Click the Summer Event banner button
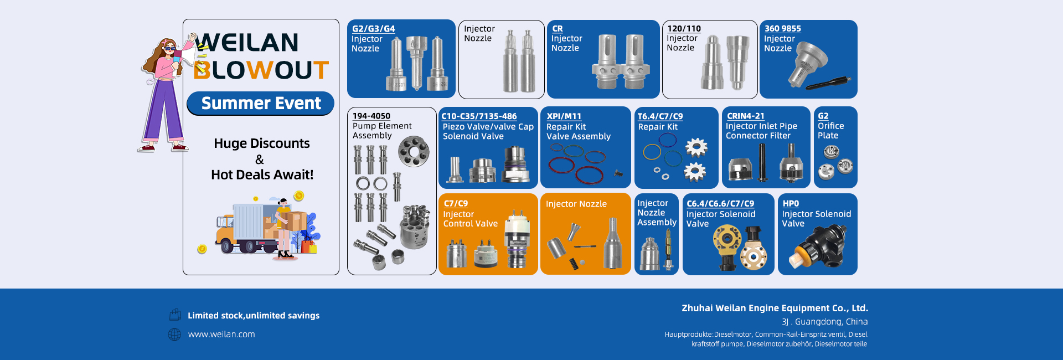tap(260, 104)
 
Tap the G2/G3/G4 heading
tap(374, 29)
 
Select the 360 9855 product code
tap(782, 29)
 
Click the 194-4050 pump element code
tap(371, 116)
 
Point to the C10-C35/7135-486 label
tap(479, 116)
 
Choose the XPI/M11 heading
tap(564, 116)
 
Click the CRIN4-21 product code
tap(745, 116)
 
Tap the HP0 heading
tap(791, 204)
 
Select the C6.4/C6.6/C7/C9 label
tap(720, 204)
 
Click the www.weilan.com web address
tap(221, 335)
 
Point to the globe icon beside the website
tap(174, 335)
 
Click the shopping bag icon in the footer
tap(175, 315)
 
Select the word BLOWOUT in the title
tap(261, 70)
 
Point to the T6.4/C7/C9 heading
tap(660, 116)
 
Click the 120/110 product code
tap(684, 29)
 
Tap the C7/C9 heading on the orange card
tap(456, 204)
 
